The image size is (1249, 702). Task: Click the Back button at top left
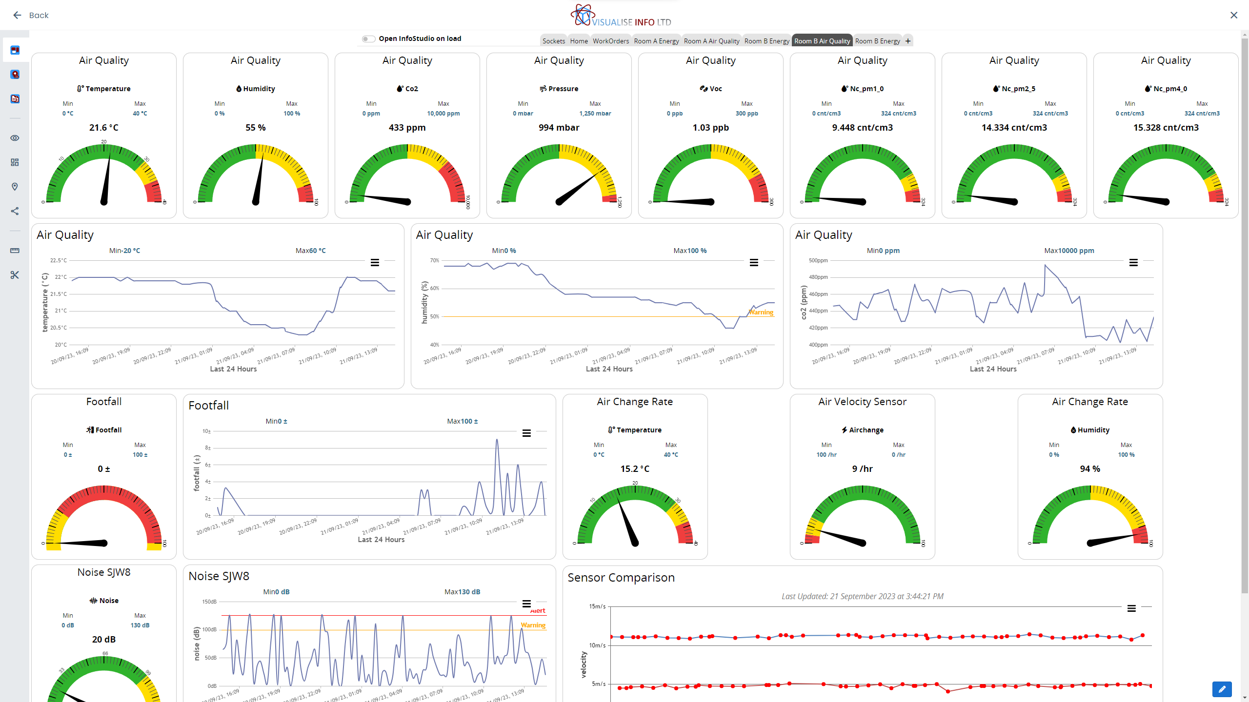click(x=31, y=15)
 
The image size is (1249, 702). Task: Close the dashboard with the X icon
click(x=1234, y=15)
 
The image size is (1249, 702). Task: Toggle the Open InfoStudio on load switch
click(x=368, y=39)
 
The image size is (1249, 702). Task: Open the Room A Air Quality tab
click(x=711, y=41)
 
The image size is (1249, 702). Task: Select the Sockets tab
click(x=554, y=41)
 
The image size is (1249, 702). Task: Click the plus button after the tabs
click(x=908, y=41)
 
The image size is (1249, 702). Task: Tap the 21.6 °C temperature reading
click(x=103, y=128)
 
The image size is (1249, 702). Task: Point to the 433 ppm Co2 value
click(x=407, y=128)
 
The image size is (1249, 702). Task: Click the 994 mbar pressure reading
click(x=559, y=128)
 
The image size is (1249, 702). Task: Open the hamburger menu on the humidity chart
click(x=754, y=263)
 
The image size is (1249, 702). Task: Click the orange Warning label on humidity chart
click(x=761, y=312)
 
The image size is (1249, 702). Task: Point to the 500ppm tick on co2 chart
click(x=818, y=260)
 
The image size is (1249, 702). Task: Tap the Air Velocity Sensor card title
click(x=862, y=402)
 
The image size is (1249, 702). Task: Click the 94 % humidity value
click(x=1090, y=469)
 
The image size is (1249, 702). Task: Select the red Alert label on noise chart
click(x=538, y=611)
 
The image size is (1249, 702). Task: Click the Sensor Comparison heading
click(x=621, y=578)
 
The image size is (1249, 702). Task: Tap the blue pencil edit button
click(x=1222, y=689)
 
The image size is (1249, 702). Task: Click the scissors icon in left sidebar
click(x=15, y=275)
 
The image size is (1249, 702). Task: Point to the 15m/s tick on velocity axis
click(x=597, y=606)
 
